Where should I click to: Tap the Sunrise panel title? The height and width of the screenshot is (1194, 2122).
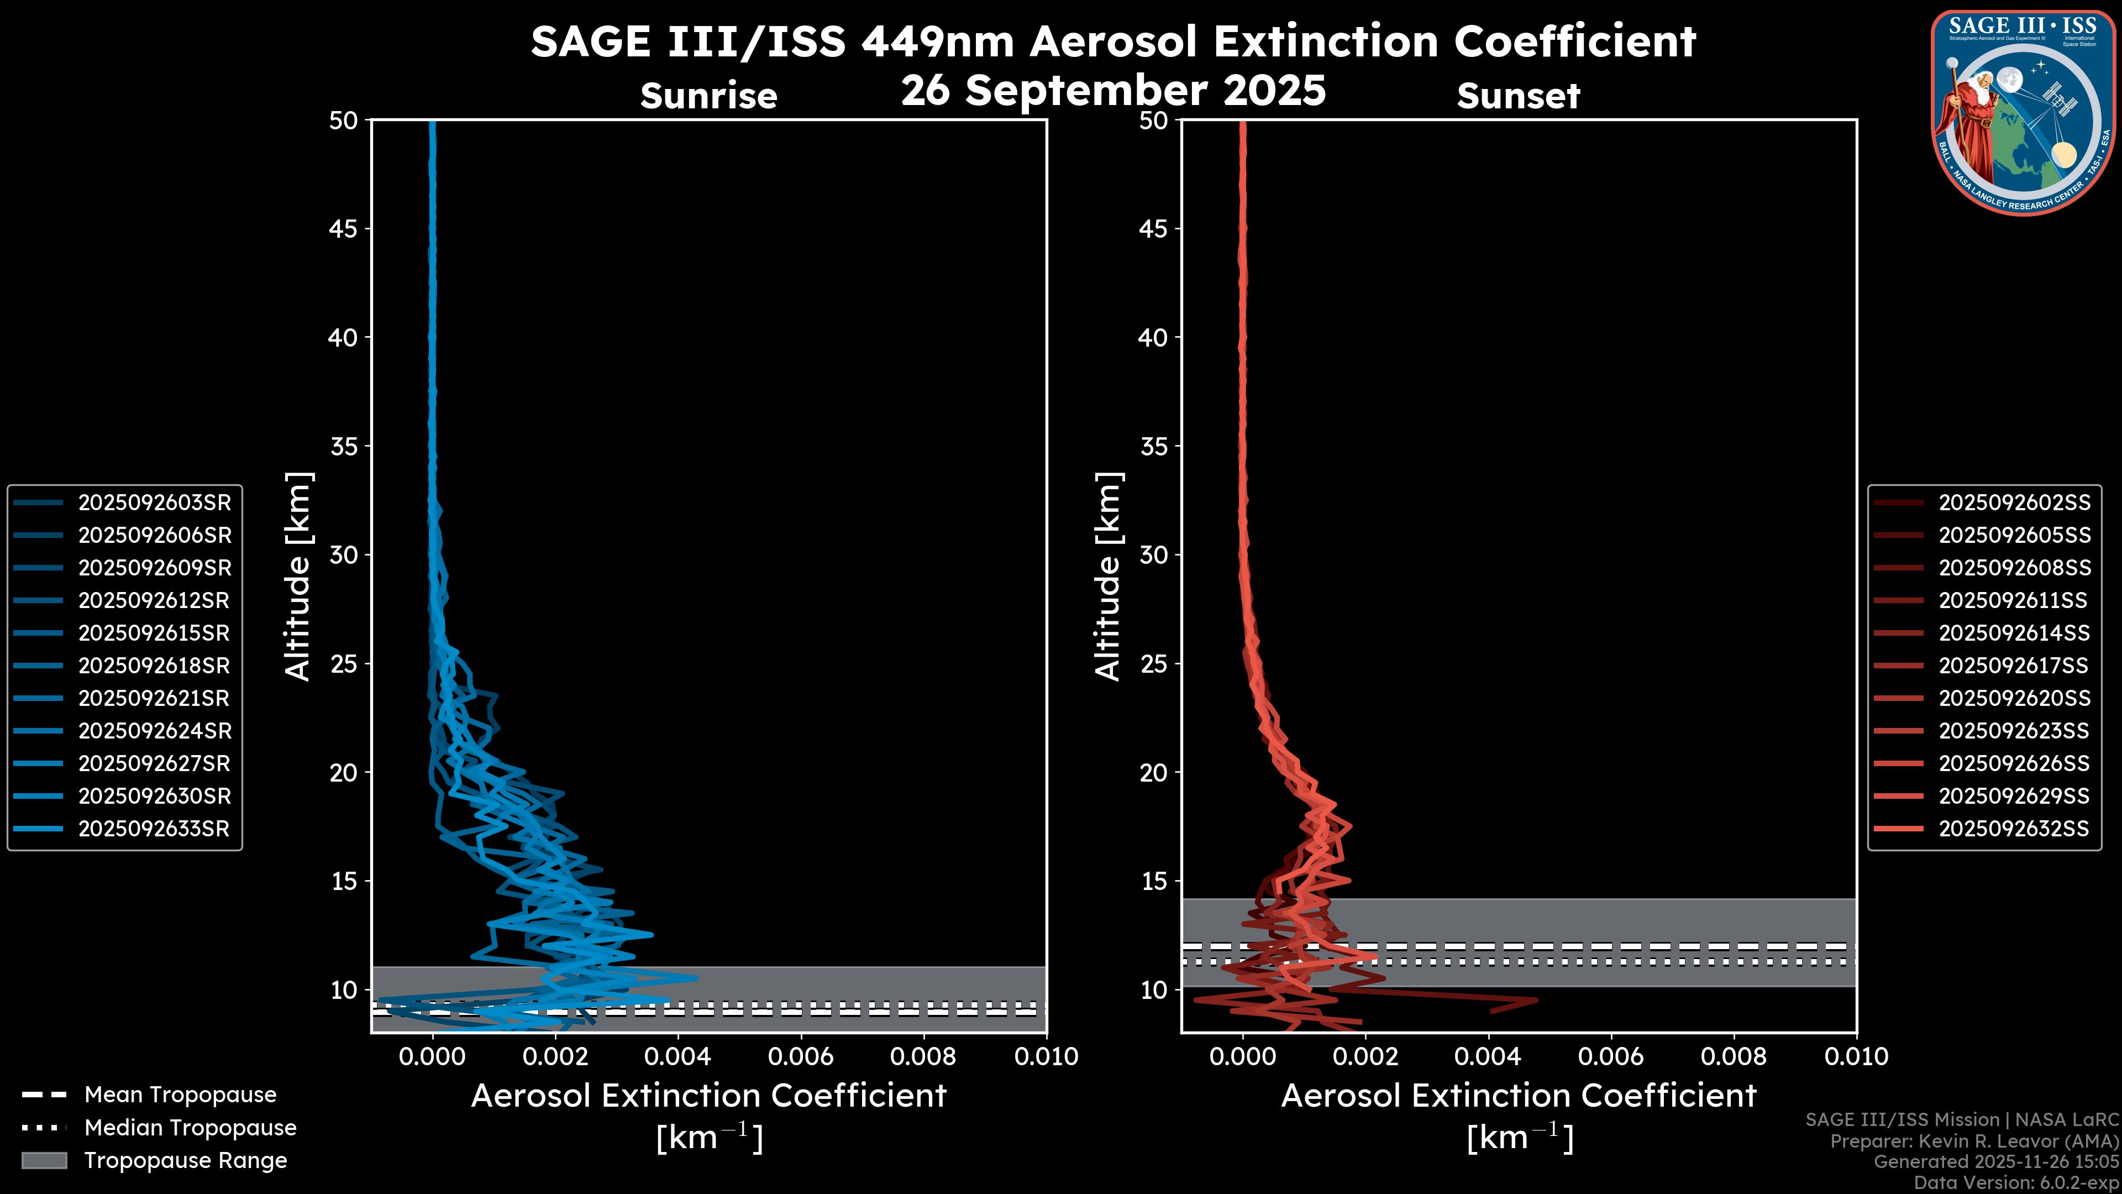point(708,96)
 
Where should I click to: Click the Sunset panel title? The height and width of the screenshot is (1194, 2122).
point(1518,96)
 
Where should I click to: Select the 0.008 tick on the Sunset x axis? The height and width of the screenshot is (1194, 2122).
point(1734,1056)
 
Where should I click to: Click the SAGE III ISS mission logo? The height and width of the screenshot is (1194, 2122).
point(2023,112)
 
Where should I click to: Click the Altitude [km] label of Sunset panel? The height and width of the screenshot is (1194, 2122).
point(1109,577)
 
